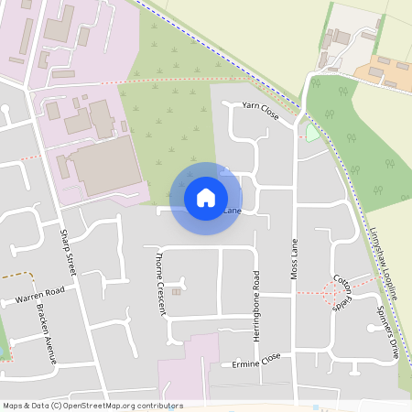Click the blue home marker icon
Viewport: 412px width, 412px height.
(206, 197)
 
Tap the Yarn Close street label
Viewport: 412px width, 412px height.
(260, 111)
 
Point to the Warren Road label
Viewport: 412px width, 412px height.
(39, 295)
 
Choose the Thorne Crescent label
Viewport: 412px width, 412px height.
(161, 283)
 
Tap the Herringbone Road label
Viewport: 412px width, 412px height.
(256, 306)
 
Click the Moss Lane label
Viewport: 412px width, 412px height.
(295, 259)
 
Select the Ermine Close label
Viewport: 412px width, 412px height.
(257, 361)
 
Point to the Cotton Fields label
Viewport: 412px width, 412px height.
(342, 293)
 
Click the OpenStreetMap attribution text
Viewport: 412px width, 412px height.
(92, 406)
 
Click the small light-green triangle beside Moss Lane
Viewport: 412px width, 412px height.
(312, 133)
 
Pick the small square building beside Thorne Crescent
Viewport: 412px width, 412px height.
(177, 292)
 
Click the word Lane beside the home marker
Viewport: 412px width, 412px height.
(233, 211)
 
